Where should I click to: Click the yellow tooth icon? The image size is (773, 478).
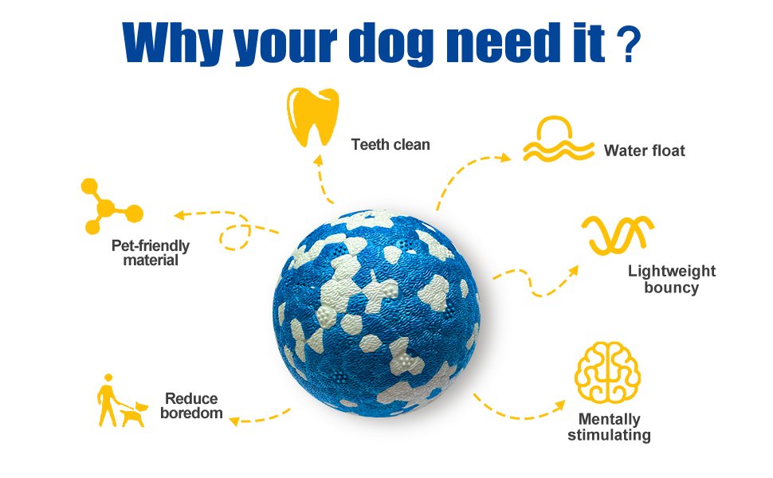tap(307, 118)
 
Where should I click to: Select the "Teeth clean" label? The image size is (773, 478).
tap(390, 145)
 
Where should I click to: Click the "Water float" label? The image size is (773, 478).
tap(644, 151)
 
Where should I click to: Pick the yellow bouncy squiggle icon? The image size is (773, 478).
tap(617, 233)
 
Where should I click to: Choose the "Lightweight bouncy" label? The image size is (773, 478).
tap(671, 280)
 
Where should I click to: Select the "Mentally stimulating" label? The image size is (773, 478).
tap(609, 427)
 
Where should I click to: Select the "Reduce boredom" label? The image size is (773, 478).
tap(191, 406)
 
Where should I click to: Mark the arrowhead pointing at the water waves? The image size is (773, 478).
tap(505, 158)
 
